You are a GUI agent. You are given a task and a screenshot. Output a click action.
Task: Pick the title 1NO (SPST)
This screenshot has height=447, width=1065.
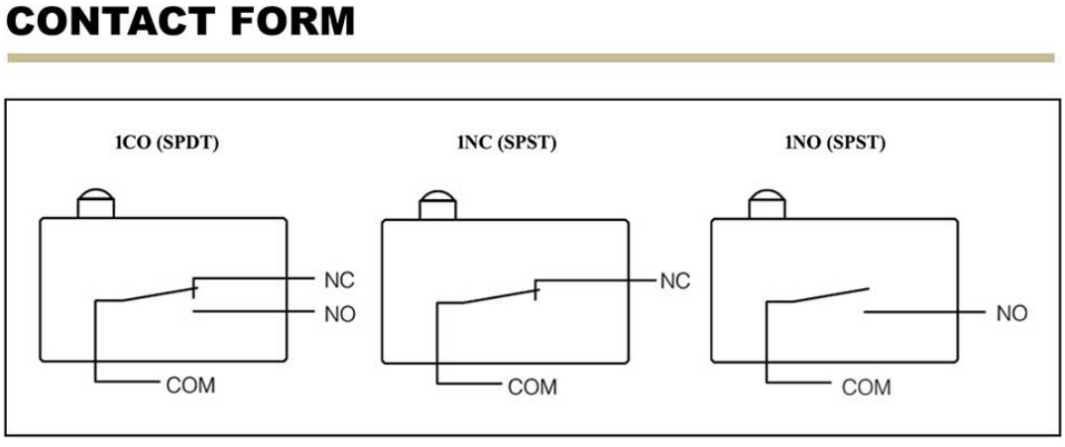[834, 143]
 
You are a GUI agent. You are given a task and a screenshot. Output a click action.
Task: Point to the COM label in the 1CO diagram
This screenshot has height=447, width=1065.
[190, 386]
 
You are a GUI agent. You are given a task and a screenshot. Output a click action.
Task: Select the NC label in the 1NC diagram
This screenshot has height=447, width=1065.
[674, 281]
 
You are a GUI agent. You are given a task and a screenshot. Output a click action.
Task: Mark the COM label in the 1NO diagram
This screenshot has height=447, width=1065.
[866, 387]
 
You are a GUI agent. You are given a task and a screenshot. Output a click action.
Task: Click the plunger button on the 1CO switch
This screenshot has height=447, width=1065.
[96, 203]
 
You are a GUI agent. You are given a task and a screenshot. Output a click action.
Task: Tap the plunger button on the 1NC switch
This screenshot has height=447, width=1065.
[436, 204]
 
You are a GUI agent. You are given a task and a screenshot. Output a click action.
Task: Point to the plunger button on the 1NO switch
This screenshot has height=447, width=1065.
[766, 204]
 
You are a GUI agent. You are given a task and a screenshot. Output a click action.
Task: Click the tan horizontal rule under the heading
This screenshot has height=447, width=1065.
[532, 57]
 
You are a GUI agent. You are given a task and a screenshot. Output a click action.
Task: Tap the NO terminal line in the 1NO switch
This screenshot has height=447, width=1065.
[922, 313]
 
